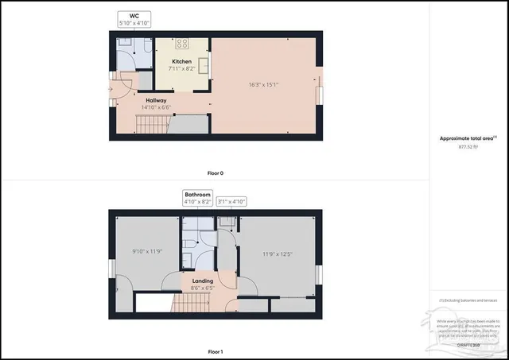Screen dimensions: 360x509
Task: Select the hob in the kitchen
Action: pos(181,45)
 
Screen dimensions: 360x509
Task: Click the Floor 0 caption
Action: pos(215,172)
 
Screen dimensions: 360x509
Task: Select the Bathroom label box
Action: pos(197,199)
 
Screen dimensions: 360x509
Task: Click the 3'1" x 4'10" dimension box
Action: pos(231,203)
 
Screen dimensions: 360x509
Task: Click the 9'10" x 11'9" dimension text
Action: pos(146,252)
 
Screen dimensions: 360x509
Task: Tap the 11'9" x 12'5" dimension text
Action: pos(278,254)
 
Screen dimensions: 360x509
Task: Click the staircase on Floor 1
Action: pos(153,302)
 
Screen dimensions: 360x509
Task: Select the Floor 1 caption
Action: pos(215,351)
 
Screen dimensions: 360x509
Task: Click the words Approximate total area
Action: pos(461,138)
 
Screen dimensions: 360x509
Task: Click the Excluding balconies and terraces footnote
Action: pos(469,300)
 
